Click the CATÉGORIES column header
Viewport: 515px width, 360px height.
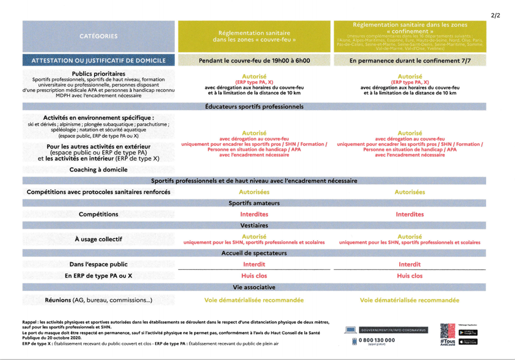tap(99, 36)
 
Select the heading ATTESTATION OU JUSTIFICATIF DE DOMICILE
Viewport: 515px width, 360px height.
tap(99, 61)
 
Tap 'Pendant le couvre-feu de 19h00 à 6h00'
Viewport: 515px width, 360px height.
tap(254, 61)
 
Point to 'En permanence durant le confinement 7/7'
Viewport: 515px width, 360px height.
tap(409, 61)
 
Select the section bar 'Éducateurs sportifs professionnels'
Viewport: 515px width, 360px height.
tap(254, 107)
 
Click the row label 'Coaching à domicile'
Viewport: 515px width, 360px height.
tap(99, 170)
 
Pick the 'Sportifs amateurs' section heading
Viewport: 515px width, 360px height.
tap(254, 203)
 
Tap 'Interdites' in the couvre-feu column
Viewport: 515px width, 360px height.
tap(254, 214)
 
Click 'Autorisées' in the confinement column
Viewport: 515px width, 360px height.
tap(409, 192)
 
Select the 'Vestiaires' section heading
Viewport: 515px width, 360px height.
tap(254, 225)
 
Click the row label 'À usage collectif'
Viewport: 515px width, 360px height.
tap(99, 239)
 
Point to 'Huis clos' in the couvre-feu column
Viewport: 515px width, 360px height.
tap(254, 276)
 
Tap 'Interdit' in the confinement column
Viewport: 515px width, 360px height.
tap(409, 264)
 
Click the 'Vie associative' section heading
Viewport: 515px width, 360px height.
tap(254, 287)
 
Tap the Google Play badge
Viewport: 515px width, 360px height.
tap(467, 333)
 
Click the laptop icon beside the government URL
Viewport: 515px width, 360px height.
tap(350, 330)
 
